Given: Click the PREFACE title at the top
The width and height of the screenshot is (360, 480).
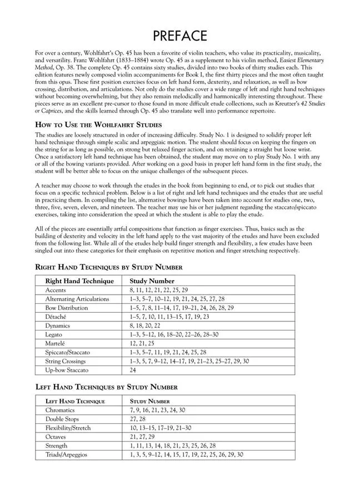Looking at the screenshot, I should pyautogui.click(x=180, y=36).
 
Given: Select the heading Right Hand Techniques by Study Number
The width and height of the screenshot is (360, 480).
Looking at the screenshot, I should pyautogui.click(x=108, y=267).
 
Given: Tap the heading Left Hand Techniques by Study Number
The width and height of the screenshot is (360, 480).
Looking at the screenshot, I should pyautogui.click(x=106, y=387).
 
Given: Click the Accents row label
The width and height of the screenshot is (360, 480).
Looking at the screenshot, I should pyautogui.click(x=57, y=290).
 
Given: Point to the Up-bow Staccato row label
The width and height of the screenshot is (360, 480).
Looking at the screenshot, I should pyautogui.click(x=67, y=369).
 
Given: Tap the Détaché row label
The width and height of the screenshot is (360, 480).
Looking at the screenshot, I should pyautogui.click(x=57, y=317).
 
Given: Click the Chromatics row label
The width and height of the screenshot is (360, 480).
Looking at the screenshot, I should pyautogui.click(x=60, y=410).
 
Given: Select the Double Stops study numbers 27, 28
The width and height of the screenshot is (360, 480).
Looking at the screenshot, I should pyautogui.click(x=137, y=419).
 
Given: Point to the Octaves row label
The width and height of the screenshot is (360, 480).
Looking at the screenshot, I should pyautogui.click(x=56, y=437).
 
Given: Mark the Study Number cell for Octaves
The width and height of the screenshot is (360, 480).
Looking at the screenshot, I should pyautogui.click(x=141, y=437).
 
